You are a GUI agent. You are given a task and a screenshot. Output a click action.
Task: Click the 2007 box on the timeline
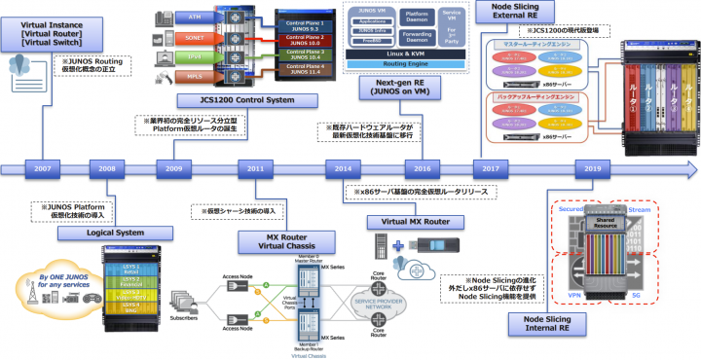42,168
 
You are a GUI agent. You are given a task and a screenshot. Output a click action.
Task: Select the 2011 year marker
255,168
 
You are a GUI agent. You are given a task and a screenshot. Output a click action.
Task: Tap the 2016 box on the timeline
422,168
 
